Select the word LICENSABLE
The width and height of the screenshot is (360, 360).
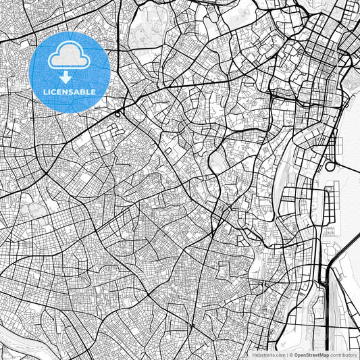(70, 91)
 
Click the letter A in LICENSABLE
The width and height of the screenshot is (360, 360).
(78, 91)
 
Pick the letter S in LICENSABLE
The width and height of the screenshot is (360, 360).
(72, 91)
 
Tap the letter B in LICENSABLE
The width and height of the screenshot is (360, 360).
(83, 91)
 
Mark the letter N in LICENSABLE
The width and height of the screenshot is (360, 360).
(66, 91)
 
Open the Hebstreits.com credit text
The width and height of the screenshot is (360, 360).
(267, 355)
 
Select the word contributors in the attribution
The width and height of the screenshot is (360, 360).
(343, 355)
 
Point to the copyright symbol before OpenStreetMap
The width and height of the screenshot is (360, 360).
(290, 355)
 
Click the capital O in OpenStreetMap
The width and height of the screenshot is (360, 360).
(297, 355)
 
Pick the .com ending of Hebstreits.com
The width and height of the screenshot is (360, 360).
(278, 355)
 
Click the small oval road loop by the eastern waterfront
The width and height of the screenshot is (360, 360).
(330, 166)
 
